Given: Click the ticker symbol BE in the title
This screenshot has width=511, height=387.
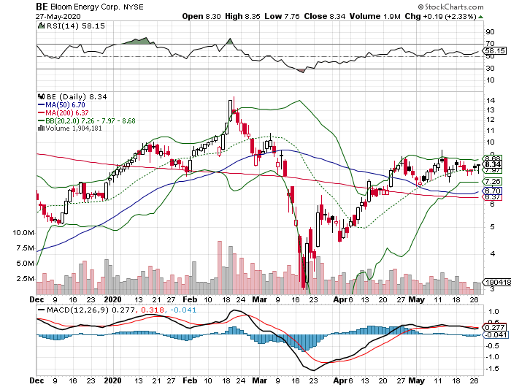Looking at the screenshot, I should coord(43,7).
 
